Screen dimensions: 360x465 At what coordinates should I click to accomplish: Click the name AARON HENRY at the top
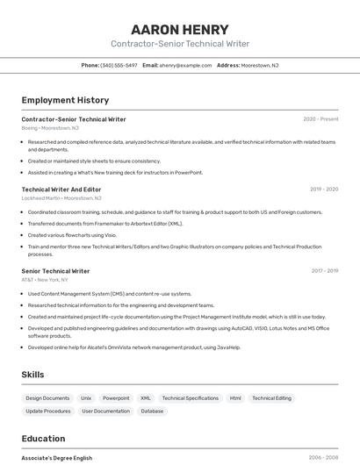click(x=179, y=29)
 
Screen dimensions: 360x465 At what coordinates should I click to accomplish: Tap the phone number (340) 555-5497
click(x=119, y=65)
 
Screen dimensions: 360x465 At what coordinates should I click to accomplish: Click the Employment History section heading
click(x=65, y=100)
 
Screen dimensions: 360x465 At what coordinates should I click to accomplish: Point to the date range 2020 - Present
click(x=320, y=119)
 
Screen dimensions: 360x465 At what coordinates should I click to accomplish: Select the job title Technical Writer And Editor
click(x=61, y=189)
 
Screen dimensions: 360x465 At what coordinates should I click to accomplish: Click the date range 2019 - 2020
click(x=323, y=189)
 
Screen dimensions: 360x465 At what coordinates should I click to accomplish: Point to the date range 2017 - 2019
click(x=324, y=271)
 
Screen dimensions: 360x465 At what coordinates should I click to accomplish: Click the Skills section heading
click(x=32, y=375)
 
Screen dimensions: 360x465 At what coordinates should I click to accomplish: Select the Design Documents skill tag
click(x=47, y=398)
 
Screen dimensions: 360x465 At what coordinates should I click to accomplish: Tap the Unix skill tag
click(x=86, y=398)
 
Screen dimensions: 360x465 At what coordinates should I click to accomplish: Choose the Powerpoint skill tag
click(x=116, y=398)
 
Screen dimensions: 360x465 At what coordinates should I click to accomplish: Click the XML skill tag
click(x=146, y=398)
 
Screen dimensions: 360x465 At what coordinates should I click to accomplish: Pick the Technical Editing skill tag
click(x=271, y=398)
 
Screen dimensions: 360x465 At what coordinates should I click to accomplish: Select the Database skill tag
click(x=152, y=411)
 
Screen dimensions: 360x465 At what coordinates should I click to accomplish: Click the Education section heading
click(x=43, y=439)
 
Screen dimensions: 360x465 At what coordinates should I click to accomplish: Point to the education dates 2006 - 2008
click(x=323, y=458)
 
